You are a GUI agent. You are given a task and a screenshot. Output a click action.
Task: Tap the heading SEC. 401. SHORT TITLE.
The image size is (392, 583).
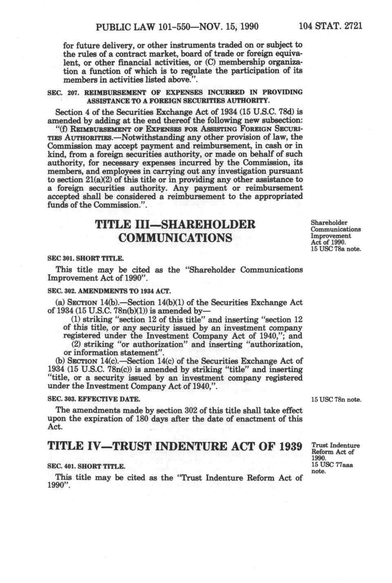click(x=86, y=466)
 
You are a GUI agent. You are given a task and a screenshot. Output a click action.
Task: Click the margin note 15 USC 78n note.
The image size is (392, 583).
click(x=336, y=399)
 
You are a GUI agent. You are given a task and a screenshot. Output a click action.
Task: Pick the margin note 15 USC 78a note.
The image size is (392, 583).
click(x=336, y=249)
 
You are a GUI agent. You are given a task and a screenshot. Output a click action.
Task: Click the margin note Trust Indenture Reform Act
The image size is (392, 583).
click(x=335, y=449)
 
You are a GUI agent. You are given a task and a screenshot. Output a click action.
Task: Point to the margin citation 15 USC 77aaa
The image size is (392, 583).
click(x=332, y=465)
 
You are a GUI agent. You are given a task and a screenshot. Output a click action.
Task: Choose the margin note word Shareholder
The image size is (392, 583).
click(x=329, y=223)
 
